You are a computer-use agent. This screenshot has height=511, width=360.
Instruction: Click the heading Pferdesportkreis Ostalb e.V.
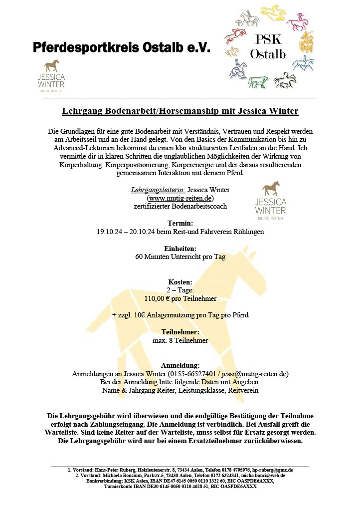122,47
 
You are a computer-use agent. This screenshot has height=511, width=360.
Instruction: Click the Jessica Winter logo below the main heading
51,75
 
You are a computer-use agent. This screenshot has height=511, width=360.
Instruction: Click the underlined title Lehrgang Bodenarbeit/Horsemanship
180,111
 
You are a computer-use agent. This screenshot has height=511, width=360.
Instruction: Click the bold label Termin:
180,223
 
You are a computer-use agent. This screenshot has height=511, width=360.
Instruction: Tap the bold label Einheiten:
180,248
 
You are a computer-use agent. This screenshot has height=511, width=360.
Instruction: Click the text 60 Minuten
154,257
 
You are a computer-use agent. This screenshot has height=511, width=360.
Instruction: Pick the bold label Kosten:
180,282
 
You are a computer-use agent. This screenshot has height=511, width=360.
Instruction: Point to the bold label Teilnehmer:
180,332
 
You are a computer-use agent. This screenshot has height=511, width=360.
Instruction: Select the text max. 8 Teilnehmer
180,340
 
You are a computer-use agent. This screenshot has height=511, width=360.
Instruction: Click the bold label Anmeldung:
180,365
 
